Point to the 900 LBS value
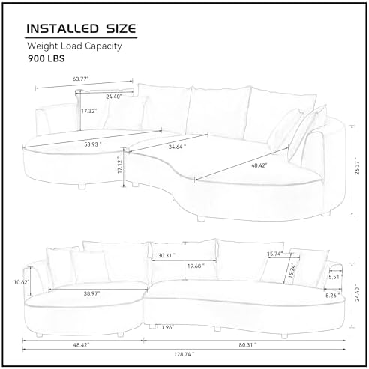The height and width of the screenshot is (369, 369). (46, 61)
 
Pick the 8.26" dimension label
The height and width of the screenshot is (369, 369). (331, 296)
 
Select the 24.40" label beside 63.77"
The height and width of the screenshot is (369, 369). (114, 96)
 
